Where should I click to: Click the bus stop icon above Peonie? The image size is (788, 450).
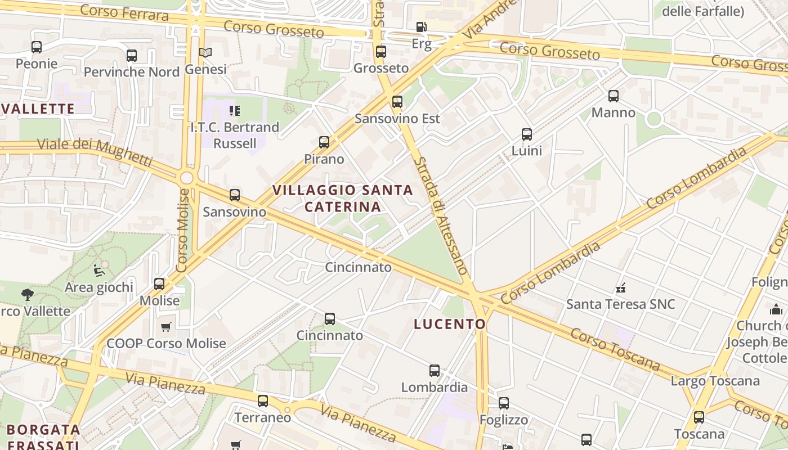[37, 47]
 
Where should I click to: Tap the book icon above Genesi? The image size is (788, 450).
[205, 52]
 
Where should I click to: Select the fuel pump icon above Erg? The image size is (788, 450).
[421, 27]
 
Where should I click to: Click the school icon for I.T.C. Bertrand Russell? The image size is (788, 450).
[234, 110]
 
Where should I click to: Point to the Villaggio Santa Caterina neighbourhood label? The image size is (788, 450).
[343, 199]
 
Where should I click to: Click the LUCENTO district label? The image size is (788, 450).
[450, 324]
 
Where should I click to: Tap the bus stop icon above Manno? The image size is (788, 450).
[614, 96]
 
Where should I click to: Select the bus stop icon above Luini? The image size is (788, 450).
[527, 134]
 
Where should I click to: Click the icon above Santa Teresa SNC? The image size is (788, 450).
[621, 288]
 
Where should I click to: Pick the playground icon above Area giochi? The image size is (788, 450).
[99, 271]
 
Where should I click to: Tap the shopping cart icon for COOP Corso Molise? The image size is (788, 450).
[166, 327]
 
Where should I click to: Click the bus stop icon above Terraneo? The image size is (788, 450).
[263, 401]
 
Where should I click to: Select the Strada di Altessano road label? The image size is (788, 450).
[441, 215]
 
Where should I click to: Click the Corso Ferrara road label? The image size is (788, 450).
[124, 13]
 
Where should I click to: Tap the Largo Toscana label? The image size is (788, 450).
[715, 381]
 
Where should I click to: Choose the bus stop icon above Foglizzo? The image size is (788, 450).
[504, 403]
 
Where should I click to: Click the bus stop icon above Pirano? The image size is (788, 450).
[324, 142]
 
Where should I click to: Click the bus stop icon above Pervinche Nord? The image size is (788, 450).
[132, 56]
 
